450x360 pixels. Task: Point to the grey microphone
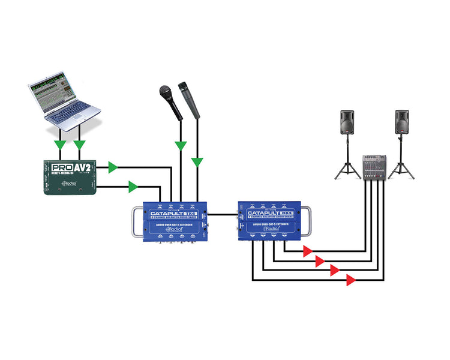click(x=192, y=98)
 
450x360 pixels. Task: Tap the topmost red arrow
click(x=307, y=250)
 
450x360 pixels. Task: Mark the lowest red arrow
click(x=350, y=280)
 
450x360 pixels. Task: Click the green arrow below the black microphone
click(x=179, y=145)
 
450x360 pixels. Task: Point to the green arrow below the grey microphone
click(x=197, y=161)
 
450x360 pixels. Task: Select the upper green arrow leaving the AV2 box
click(x=112, y=167)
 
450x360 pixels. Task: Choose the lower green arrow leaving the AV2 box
click(x=133, y=187)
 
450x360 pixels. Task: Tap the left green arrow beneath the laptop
click(x=59, y=145)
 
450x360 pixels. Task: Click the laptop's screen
click(x=57, y=91)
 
